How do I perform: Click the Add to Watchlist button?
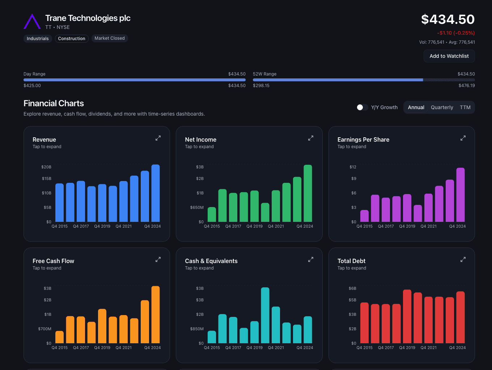tap(449, 56)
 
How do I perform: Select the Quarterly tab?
tap(442, 107)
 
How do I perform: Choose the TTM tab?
tap(465, 107)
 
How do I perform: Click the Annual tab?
tap(416, 107)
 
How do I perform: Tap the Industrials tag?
tap(38, 39)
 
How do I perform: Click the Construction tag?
tap(72, 39)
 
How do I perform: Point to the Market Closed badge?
tap(110, 38)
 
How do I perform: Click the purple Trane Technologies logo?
tap(32, 22)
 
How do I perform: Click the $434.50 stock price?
tap(448, 20)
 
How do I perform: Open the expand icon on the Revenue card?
tap(158, 138)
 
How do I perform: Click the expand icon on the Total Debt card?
tap(463, 259)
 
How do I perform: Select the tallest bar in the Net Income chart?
tap(308, 193)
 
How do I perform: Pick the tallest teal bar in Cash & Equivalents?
tap(265, 315)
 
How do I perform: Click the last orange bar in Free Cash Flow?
tap(156, 314)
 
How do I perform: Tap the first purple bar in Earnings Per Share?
tap(364, 216)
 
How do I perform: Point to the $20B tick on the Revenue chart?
tap(46, 167)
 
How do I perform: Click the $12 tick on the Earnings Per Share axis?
tap(353, 167)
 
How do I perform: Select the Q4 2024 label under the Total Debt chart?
tap(457, 348)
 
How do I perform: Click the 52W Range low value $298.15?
tap(261, 86)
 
